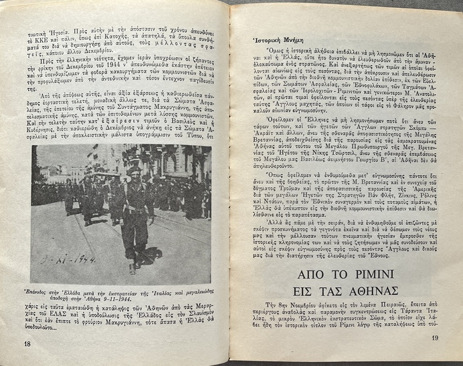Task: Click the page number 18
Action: pyautogui.click(x=27, y=343)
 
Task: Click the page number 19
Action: pyautogui.click(x=434, y=337)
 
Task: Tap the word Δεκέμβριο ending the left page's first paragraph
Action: pyautogui.click(x=94, y=50)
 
